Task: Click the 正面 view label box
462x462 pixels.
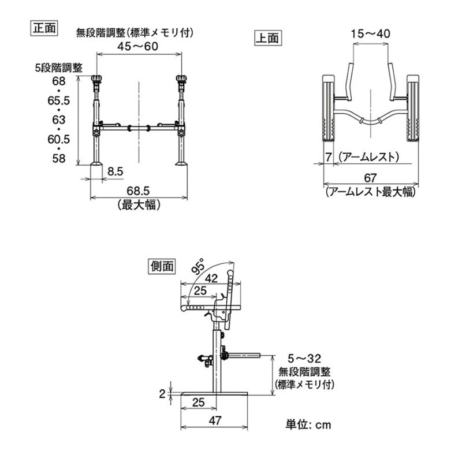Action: (43, 28)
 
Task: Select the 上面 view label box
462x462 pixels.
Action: (267, 39)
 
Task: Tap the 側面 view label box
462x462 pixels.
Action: (161, 266)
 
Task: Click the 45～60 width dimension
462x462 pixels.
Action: (138, 46)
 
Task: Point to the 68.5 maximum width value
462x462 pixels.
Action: (138, 191)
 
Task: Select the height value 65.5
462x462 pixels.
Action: (57, 100)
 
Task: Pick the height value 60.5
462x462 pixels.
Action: (57, 139)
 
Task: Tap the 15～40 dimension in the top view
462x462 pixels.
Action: (370, 34)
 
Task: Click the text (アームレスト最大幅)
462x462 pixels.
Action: (370, 192)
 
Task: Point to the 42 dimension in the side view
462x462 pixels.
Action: (211, 278)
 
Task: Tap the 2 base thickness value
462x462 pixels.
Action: (162, 393)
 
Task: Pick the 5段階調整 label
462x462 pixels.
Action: (58, 68)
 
